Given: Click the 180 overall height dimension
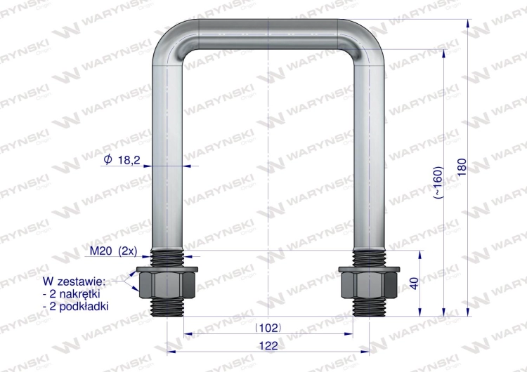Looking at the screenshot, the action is coord(462,167).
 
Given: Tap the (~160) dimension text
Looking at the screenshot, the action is coord(438,182).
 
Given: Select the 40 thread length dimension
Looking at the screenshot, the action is coord(415,283).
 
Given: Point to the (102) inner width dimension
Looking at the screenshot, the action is coord(268,328).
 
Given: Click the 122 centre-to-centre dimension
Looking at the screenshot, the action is coord(268,345).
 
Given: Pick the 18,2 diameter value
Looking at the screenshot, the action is coord(129,160).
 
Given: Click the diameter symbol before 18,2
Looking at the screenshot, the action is coord(108,159).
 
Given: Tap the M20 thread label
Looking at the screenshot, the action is coord(100,251).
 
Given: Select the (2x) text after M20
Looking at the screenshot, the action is coord(128,251).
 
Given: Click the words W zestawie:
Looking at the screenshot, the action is coord(74,281).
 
